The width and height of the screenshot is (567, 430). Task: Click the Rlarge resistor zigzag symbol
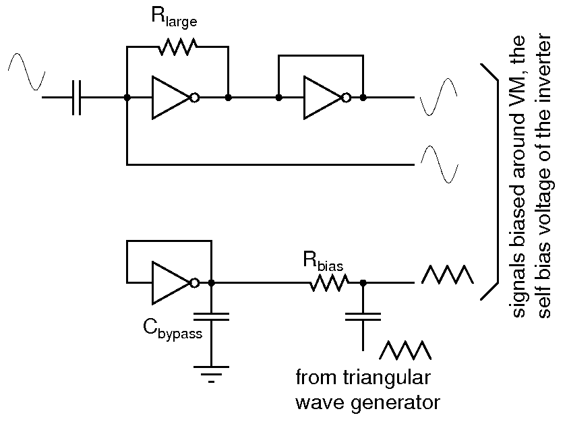pyautogui.click(x=177, y=47)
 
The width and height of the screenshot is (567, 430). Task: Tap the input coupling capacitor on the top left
pyautogui.click(x=76, y=98)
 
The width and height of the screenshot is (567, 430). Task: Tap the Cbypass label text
pyautogui.click(x=172, y=331)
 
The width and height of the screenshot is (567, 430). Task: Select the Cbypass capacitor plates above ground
pyautogui.click(x=211, y=317)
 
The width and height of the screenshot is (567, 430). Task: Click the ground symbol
pyautogui.click(x=211, y=372)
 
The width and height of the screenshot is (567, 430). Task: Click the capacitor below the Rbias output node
pyautogui.click(x=363, y=317)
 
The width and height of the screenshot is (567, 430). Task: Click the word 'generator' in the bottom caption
pyautogui.click(x=397, y=403)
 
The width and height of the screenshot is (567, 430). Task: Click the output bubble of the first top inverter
pyautogui.click(x=194, y=98)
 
